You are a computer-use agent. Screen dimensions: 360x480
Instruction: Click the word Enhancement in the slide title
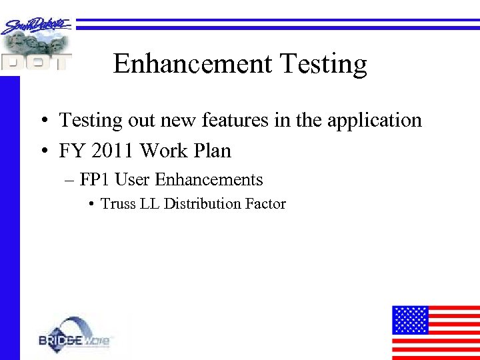point(193,64)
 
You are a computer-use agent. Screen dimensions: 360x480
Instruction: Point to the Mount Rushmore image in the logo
point(33,44)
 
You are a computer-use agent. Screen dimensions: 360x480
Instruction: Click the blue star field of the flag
point(409,320)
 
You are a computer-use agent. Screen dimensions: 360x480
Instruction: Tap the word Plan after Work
point(212,151)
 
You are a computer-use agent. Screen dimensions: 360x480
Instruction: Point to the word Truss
point(118,204)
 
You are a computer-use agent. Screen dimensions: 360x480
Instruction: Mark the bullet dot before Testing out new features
point(42,121)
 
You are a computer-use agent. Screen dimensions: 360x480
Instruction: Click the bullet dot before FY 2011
point(42,152)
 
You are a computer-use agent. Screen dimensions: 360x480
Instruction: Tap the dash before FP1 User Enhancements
point(70,180)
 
